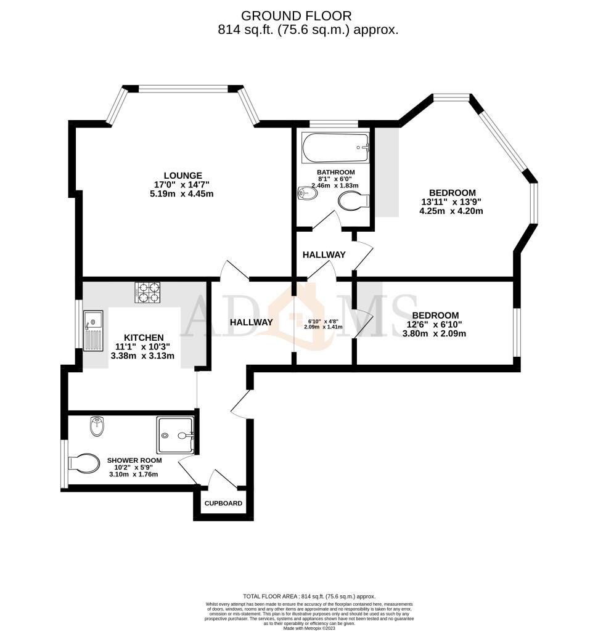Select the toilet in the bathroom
[353, 200]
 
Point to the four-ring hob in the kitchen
[147, 292]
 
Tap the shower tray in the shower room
[176, 434]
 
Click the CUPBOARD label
[224, 503]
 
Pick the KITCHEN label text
[144, 338]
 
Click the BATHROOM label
[335, 172]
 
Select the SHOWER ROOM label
[134, 460]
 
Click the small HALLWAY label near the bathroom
[324, 254]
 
